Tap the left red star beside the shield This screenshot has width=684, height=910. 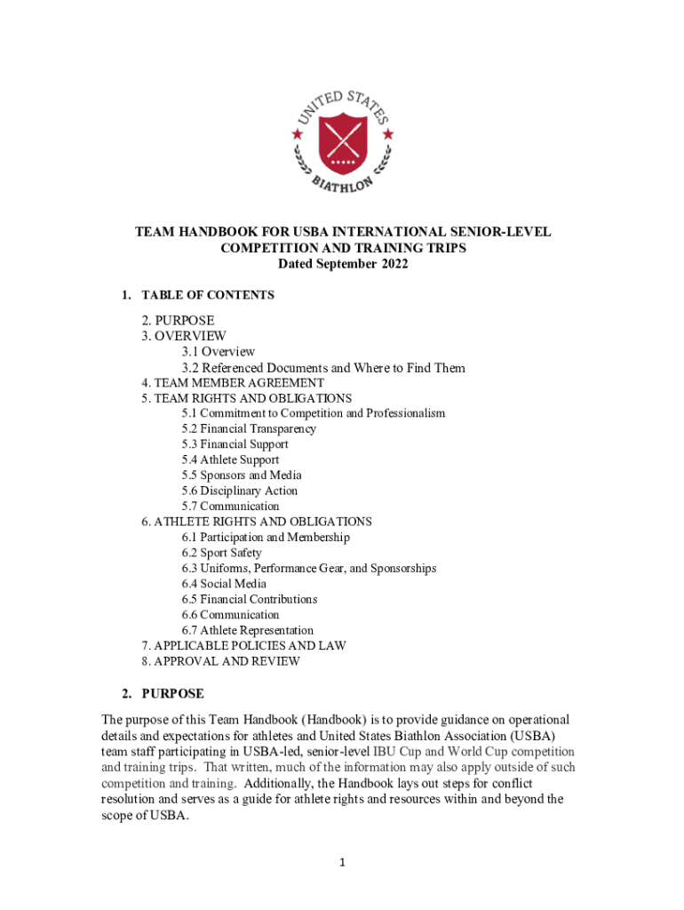pos(297,134)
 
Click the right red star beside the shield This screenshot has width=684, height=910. pos(388,134)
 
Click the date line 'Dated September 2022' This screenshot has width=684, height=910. pos(342,265)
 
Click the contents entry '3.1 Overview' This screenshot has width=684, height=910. pos(219,352)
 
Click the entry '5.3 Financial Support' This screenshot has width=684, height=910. pos(235,444)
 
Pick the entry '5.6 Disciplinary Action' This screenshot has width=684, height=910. pos(240,491)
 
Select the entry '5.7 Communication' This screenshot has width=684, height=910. pos(231,507)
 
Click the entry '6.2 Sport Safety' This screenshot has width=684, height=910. pos(222,553)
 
